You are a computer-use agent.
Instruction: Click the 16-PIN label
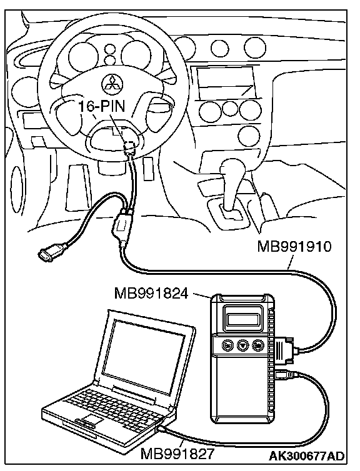(102, 106)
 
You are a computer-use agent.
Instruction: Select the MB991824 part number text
(151, 294)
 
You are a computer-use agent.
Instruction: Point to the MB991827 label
(177, 454)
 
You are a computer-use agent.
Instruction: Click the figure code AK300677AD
(306, 456)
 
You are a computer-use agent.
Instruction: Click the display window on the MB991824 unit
(242, 319)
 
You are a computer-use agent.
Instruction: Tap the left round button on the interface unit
(227, 345)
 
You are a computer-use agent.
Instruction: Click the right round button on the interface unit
(257, 345)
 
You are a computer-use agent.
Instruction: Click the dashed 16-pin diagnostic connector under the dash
(130, 146)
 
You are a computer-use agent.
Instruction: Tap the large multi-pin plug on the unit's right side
(284, 350)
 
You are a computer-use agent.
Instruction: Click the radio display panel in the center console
(226, 82)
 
